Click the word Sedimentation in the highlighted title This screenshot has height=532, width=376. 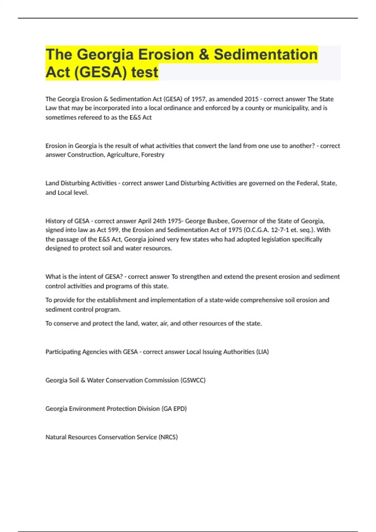266,54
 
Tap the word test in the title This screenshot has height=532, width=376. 145,72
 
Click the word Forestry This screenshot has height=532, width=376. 153,155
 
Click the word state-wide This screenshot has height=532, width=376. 224,300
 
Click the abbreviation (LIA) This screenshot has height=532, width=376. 263,352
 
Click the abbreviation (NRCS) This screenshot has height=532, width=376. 168,437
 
